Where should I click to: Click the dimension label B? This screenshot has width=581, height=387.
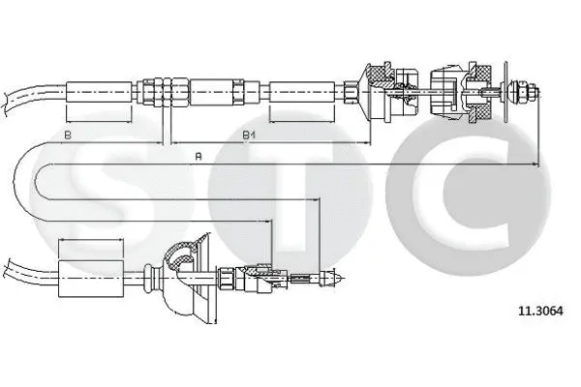[68, 134]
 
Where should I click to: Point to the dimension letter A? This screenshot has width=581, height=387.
[199, 155]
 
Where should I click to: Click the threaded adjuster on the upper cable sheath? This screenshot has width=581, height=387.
[164, 93]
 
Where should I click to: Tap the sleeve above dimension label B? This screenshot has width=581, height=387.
[98, 93]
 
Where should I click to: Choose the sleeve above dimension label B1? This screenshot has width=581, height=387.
[301, 93]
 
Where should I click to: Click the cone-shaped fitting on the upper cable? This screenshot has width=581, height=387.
[372, 92]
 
